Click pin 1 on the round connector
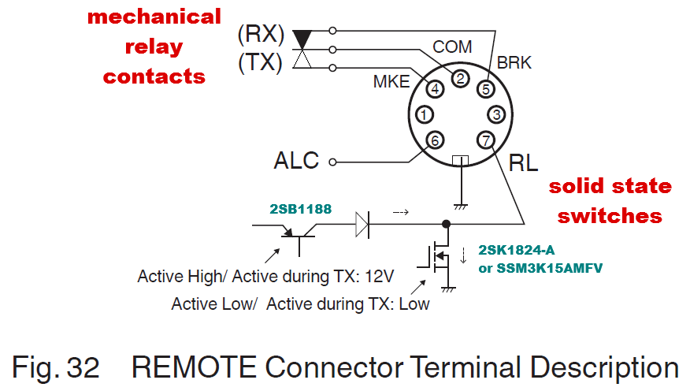tap(425, 115)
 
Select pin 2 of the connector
tap(460, 79)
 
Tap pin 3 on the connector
tap(496, 115)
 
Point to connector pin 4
tap(435, 89)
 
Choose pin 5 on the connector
tap(486, 89)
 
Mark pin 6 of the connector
tap(435, 140)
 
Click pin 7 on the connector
tap(486, 140)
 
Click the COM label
tap(452, 47)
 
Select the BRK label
tap(514, 62)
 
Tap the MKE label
tap(391, 81)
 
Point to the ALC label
tap(296, 160)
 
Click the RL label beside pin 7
tap(523, 163)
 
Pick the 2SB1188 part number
tap(301, 209)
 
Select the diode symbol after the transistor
tap(362, 225)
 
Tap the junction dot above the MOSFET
tap(446, 224)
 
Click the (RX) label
tap(261, 34)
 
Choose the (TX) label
tap(260, 62)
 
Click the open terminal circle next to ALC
tap(332, 162)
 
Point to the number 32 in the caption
tap(83, 367)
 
